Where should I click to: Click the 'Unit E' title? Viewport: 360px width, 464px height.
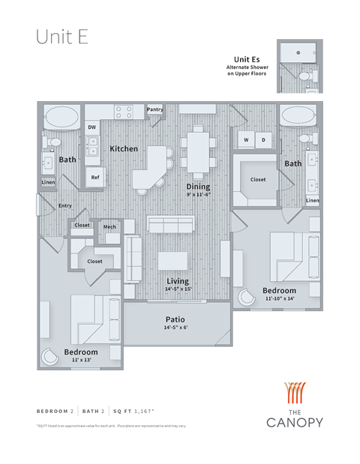click(62, 38)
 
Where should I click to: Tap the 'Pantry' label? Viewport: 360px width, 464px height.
click(154, 109)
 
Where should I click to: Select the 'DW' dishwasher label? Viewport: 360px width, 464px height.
click(91, 127)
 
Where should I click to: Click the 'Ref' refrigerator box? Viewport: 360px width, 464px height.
click(95, 178)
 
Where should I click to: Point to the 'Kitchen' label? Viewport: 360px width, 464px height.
click(124, 148)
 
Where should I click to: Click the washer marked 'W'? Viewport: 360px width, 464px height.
click(246, 139)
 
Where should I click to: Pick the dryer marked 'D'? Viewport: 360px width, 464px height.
click(263, 139)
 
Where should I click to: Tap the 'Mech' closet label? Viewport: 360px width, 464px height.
click(109, 227)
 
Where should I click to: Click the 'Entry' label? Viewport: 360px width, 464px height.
click(65, 205)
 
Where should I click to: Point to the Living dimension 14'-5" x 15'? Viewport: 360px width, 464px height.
click(178, 289)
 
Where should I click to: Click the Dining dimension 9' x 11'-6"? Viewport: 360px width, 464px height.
click(199, 195)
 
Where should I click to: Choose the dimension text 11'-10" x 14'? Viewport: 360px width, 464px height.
click(279, 298)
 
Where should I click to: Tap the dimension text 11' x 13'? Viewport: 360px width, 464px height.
click(80, 361)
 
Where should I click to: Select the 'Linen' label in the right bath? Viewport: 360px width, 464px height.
click(312, 200)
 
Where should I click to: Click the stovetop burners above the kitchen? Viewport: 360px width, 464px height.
click(124, 112)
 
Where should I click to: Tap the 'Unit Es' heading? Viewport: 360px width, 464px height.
click(247, 59)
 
